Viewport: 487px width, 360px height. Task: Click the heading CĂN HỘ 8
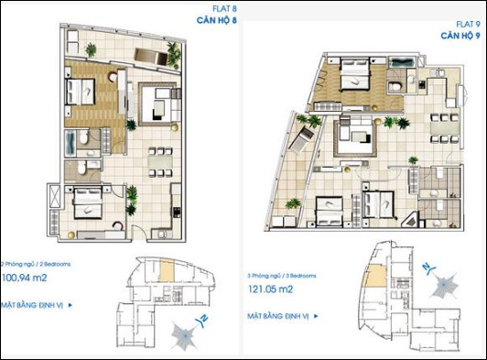(217, 20)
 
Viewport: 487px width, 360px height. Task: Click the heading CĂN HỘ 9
(460, 36)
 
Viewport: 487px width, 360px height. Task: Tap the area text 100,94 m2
(24, 278)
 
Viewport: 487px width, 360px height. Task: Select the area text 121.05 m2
(270, 289)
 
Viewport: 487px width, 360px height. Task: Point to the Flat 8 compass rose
(186, 336)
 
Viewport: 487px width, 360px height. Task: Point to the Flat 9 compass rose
(444, 285)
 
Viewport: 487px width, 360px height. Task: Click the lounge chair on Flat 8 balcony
(151, 57)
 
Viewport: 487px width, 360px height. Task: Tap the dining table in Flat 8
(160, 162)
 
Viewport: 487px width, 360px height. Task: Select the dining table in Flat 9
(444, 128)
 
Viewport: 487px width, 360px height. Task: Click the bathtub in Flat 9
(402, 62)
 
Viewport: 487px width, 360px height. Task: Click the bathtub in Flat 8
(70, 143)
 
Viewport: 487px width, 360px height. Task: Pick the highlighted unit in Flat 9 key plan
(377, 276)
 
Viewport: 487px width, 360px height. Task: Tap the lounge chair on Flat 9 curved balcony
(300, 140)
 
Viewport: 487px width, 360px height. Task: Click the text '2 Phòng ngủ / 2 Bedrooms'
(36, 264)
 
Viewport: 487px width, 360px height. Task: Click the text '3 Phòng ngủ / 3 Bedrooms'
(282, 276)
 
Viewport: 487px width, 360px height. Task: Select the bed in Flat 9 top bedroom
(355, 74)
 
